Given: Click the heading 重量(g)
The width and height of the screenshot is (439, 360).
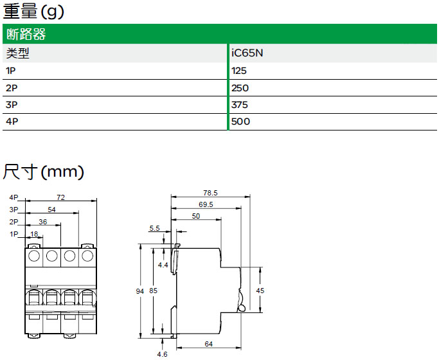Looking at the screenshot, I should (x=33, y=11).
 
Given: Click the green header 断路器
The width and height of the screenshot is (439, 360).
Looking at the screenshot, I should (x=25, y=35).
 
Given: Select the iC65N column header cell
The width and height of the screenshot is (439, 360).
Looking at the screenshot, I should (x=247, y=53).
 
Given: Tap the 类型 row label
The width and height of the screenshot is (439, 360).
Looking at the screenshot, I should (x=17, y=53).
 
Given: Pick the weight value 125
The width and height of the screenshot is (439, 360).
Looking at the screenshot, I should (x=239, y=71).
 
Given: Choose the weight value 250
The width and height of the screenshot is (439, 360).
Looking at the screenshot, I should (x=240, y=88).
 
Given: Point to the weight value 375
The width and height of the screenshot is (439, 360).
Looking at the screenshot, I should (x=240, y=105).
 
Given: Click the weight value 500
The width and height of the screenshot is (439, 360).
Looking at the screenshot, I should (x=240, y=122).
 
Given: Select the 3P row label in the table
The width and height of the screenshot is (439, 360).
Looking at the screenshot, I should (x=11, y=105).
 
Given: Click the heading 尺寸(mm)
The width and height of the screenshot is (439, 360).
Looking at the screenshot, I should (x=44, y=172).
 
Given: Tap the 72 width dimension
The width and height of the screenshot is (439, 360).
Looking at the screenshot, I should (x=62, y=197).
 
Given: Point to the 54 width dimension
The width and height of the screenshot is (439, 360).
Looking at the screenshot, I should (x=52, y=210).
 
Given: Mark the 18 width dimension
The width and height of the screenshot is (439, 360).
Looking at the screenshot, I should (x=35, y=234).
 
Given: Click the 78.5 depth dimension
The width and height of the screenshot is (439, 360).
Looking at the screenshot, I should (x=210, y=192).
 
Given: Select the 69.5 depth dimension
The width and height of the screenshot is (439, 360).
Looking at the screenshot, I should (x=206, y=204).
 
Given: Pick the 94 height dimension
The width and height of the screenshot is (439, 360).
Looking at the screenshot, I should (x=140, y=291).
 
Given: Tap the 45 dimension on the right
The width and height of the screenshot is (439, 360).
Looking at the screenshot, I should (x=260, y=291).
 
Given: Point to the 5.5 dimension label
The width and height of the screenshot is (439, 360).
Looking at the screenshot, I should (x=154, y=228).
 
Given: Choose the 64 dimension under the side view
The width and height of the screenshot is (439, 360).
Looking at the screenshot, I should (x=208, y=345).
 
